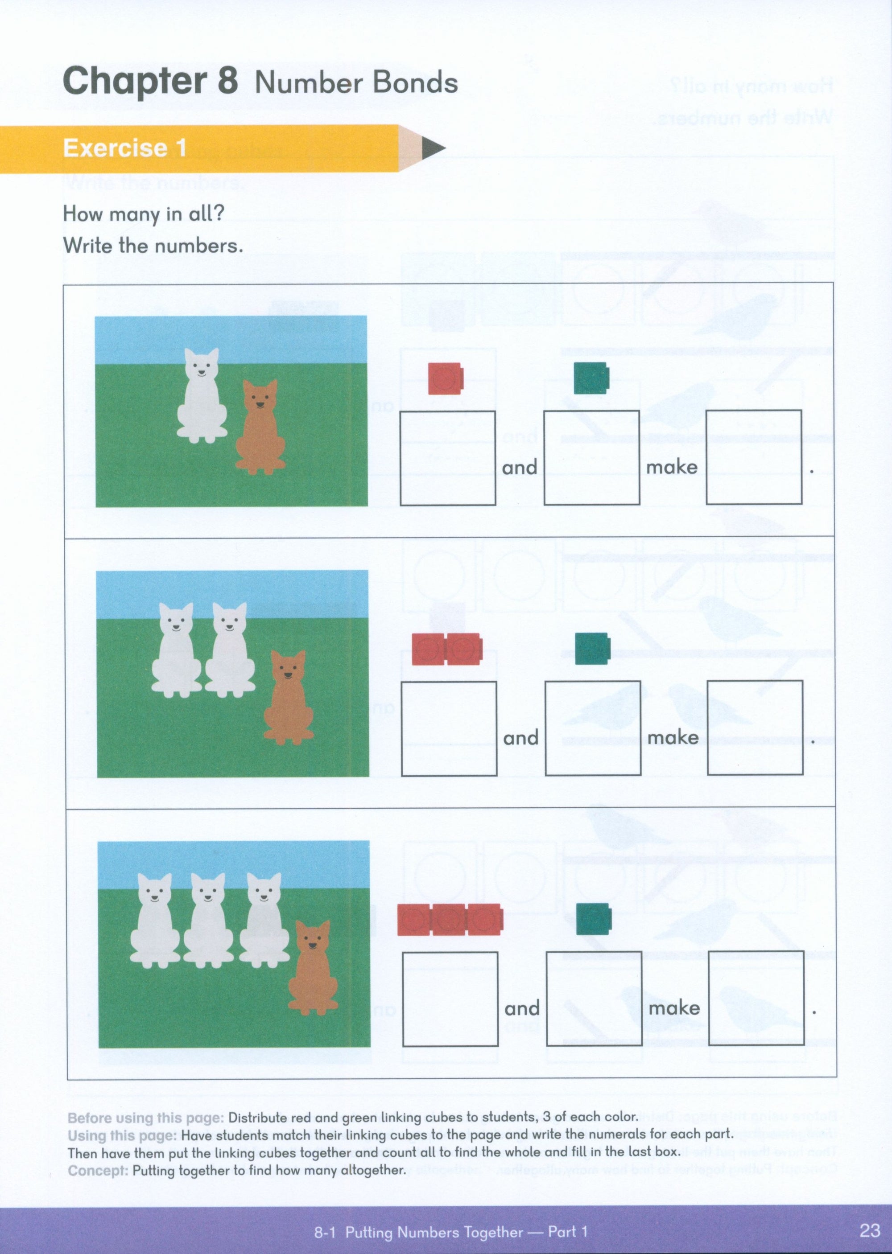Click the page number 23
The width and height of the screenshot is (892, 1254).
[870, 1230]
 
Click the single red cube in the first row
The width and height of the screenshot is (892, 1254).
[446, 378]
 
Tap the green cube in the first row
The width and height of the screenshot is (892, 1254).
[591, 378]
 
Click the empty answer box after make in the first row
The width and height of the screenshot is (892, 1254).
[754, 457]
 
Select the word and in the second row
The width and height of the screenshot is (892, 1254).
[520, 738]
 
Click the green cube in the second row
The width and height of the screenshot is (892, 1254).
[592, 649]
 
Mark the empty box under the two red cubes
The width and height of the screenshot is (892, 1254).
[449, 728]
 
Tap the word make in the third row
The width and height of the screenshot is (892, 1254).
[674, 1008]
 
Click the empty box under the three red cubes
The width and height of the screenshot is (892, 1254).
[450, 999]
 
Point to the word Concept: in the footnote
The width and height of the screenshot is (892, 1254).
[98, 1170]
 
